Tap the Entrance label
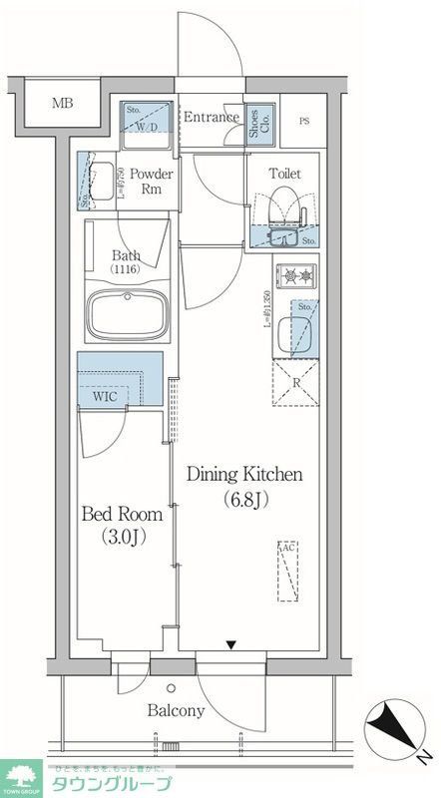211,117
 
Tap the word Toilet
284,173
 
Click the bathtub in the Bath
125,316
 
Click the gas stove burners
296,274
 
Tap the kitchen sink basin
296,328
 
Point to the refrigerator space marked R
296,382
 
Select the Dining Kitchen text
244,475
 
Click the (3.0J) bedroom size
123,538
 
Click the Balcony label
176,711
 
